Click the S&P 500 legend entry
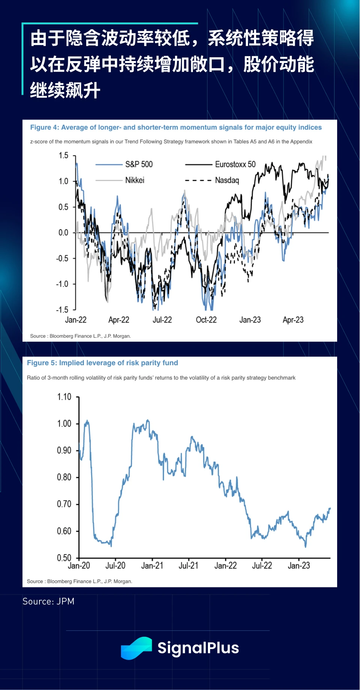[139, 164]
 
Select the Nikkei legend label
[134, 180]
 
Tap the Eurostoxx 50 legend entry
[235, 164]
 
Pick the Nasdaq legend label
[227, 180]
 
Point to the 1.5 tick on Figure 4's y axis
[63, 155]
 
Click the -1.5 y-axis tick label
[62, 310]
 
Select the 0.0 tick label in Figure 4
[63, 233]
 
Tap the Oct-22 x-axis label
[206, 320]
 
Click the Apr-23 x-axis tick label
[293, 320]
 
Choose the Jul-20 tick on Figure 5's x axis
[115, 566]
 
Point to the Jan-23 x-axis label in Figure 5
[299, 566]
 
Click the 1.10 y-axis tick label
[64, 397]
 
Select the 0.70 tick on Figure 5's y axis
[64, 504]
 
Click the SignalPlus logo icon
[136, 648]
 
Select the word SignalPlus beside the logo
[198, 648]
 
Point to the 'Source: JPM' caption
[48, 601]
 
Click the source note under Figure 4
[80, 336]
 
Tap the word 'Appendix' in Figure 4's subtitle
[301, 142]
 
